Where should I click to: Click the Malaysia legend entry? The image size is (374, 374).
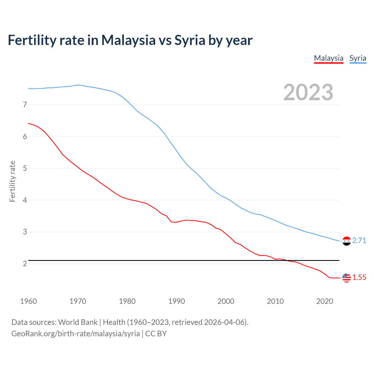[x=329, y=58]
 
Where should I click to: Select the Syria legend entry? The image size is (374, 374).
[x=358, y=58]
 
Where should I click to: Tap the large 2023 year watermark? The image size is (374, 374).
[x=308, y=92]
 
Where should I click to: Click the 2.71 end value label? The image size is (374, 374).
[x=359, y=240]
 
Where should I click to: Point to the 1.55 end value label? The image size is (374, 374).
[x=359, y=277]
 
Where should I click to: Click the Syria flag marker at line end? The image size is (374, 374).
[x=347, y=241]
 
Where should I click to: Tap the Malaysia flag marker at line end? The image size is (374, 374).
[x=347, y=278]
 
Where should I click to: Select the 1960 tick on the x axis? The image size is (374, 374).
[x=29, y=301]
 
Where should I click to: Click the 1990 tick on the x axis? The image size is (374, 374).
[x=176, y=301]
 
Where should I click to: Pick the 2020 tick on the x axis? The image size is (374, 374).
[x=325, y=301]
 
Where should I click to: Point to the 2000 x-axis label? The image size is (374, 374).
[x=226, y=301]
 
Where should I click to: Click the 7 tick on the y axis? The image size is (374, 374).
[x=25, y=105]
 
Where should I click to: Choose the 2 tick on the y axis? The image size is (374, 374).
[x=25, y=264]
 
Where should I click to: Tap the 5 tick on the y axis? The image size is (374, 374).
[x=25, y=168]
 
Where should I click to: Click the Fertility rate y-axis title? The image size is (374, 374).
[x=12, y=181]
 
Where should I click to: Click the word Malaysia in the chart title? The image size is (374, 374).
[x=129, y=40]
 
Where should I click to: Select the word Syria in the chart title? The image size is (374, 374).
[x=190, y=40]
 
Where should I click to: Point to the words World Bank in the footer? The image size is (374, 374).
[x=78, y=322]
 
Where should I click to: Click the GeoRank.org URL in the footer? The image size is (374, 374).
[x=75, y=334]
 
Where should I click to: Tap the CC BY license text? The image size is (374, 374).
[x=156, y=334]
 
